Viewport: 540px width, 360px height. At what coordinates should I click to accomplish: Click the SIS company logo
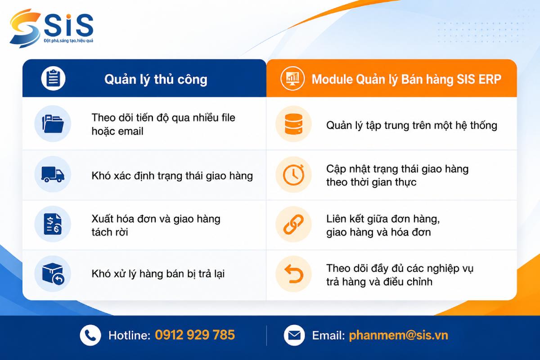pyautogui.click(x=51, y=28)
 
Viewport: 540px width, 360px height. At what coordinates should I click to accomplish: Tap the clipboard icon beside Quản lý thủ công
pyautogui.click(x=53, y=78)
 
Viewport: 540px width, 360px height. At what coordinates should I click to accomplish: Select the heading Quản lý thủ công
pyautogui.click(x=156, y=80)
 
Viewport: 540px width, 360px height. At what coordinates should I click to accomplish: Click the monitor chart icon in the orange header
pyautogui.click(x=292, y=78)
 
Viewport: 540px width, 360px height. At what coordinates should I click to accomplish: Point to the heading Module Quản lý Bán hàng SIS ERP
pyautogui.click(x=406, y=79)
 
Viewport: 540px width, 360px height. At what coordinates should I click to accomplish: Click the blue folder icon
pyautogui.click(x=53, y=124)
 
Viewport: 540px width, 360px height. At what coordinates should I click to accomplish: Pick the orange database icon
pyautogui.click(x=293, y=124)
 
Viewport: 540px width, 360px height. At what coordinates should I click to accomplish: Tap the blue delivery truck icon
pyautogui.click(x=53, y=174)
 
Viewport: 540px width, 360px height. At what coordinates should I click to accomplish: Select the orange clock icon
pyautogui.click(x=293, y=175)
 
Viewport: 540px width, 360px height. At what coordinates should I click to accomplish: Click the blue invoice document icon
pyautogui.click(x=53, y=224)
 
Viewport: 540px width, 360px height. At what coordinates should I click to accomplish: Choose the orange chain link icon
pyautogui.click(x=293, y=224)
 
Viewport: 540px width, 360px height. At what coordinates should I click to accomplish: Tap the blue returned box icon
pyautogui.click(x=53, y=274)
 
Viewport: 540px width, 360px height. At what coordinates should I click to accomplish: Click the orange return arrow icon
pyautogui.click(x=293, y=274)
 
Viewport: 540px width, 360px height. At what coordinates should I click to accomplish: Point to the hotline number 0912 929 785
pyautogui.click(x=195, y=335)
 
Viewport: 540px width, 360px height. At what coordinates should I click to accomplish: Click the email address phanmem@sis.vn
pyautogui.click(x=399, y=335)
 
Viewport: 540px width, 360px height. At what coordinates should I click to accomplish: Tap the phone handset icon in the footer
pyautogui.click(x=90, y=335)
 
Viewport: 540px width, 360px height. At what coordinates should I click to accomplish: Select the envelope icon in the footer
pyautogui.click(x=294, y=335)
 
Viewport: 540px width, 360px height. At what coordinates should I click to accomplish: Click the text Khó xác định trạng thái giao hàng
pyautogui.click(x=172, y=176)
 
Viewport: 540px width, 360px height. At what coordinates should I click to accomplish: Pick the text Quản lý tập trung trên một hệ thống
pyautogui.click(x=412, y=126)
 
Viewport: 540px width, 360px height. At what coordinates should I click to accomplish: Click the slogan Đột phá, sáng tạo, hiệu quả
pyautogui.click(x=68, y=41)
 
